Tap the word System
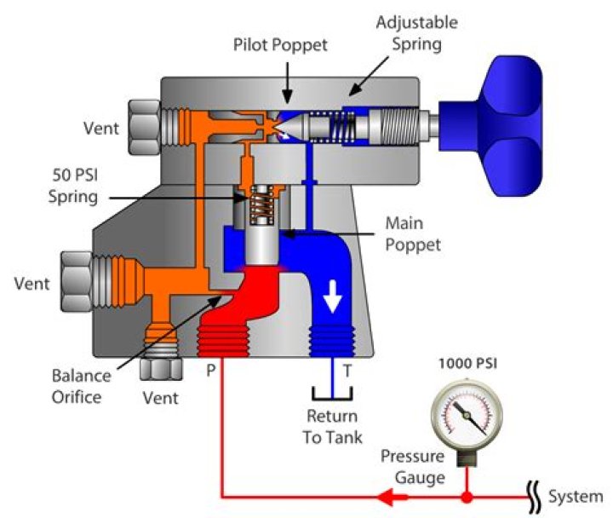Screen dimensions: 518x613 pyautogui.click(x=576, y=497)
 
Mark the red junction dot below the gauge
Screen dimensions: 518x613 pyautogui.click(x=467, y=496)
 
